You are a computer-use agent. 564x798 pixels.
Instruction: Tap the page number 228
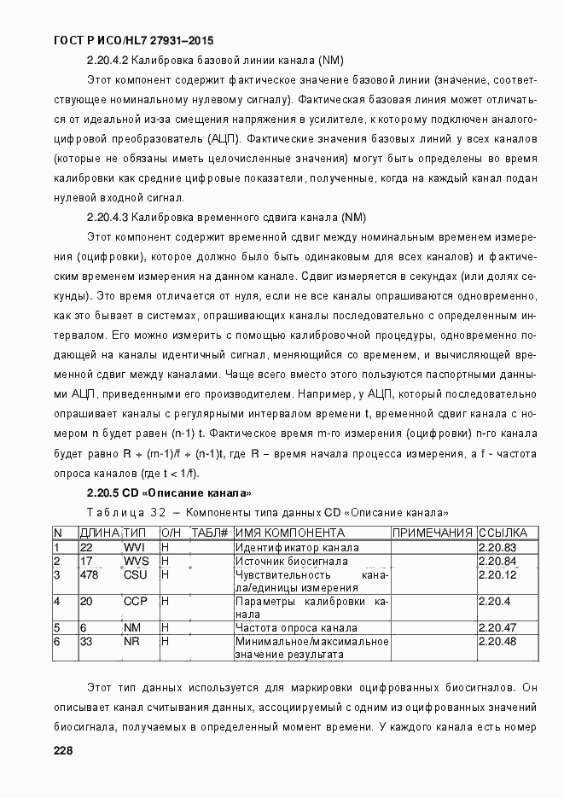63,750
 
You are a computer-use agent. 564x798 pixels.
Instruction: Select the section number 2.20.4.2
108,61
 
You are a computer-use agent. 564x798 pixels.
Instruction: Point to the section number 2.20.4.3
108,217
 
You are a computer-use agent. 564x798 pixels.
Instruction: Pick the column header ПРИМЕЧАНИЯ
432,533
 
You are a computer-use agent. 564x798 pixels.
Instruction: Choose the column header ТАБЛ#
209,533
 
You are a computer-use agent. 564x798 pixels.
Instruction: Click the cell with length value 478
89,574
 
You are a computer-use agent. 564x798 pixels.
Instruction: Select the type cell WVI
136,547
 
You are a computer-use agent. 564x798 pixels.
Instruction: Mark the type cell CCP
136,602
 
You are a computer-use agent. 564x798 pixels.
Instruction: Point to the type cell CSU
136,574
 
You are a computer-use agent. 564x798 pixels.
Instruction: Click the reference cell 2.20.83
498,547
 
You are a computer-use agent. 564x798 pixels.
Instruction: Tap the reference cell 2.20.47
498,627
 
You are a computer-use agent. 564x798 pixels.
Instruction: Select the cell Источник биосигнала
291,561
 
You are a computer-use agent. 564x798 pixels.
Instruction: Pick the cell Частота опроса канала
294,627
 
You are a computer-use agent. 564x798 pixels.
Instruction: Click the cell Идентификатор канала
296,547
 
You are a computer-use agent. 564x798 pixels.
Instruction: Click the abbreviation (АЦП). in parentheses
224,138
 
